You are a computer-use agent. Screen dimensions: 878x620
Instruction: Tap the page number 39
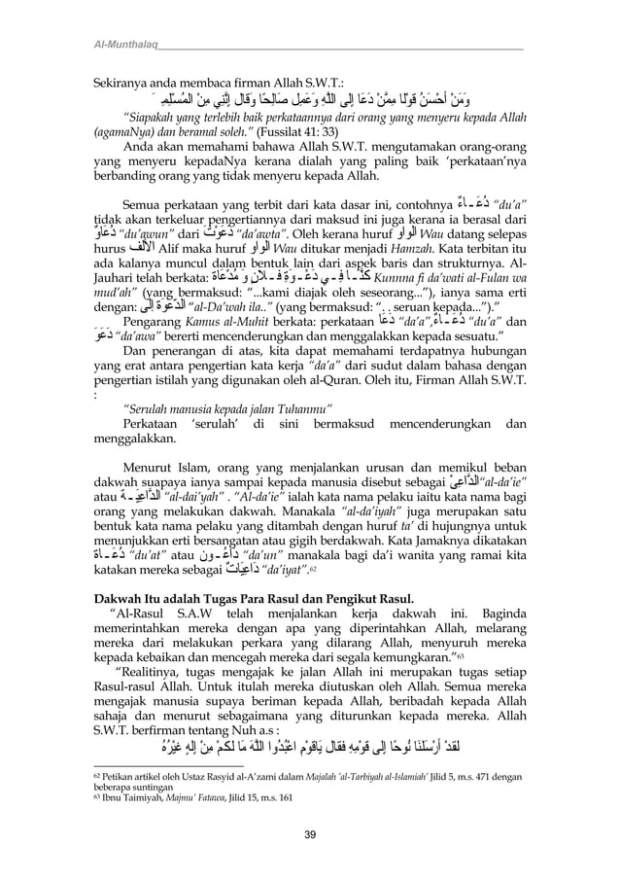coord(309,834)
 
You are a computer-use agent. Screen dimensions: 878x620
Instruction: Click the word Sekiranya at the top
coord(122,82)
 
